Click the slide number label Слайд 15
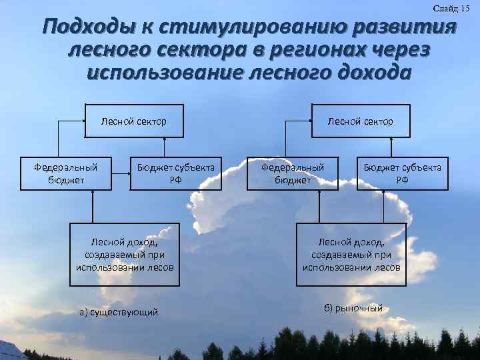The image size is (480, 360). click(x=451, y=8)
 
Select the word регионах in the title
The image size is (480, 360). click(x=301, y=51)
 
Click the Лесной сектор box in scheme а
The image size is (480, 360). click(x=133, y=121)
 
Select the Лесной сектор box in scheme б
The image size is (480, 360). click(x=360, y=121)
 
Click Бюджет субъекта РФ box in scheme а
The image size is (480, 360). click(x=176, y=173)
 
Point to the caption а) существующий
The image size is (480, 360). click(x=119, y=311)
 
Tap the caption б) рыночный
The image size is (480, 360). click(x=353, y=309)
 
